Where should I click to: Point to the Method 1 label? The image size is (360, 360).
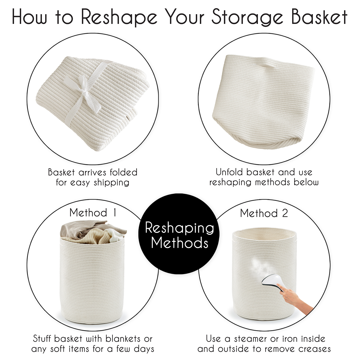pyautogui.click(x=93, y=213)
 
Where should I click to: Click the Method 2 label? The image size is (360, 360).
pyautogui.click(x=264, y=213)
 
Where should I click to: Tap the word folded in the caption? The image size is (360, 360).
pyautogui.click(x=123, y=172)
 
